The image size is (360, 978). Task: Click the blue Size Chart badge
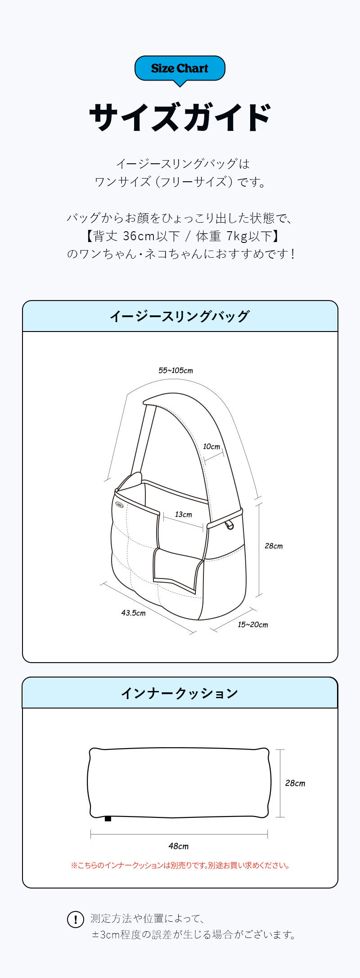(180, 69)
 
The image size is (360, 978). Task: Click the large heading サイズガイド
(180, 117)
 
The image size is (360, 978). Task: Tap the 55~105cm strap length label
(175, 371)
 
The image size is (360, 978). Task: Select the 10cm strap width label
(211, 447)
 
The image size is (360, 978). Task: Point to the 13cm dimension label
(183, 515)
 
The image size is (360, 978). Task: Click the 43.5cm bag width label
(133, 613)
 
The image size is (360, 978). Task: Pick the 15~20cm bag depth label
(253, 625)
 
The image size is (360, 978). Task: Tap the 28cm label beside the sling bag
(274, 546)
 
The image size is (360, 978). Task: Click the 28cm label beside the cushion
(295, 783)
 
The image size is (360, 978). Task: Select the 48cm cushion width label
(179, 846)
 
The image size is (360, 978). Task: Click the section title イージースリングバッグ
(180, 316)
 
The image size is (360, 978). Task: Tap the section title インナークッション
(180, 693)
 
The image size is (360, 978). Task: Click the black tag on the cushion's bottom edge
(108, 818)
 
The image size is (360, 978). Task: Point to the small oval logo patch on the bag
(118, 504)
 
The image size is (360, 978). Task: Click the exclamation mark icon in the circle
(76, 920)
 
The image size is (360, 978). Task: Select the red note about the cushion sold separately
(180, 865)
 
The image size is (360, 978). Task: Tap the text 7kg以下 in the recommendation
(250, 236)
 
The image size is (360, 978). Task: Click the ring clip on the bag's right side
(230, 525)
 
